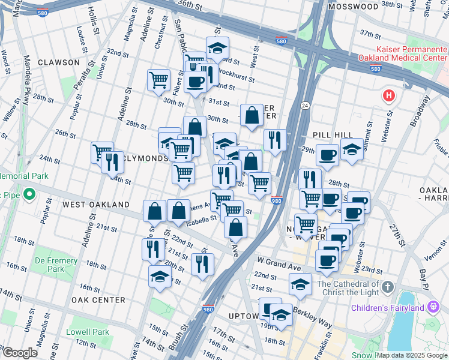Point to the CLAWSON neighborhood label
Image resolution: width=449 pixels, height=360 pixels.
[x=58, y=62]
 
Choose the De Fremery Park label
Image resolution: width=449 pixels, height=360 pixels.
[x=56, y=265]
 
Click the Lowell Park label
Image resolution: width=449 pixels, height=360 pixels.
[x=88, y=332]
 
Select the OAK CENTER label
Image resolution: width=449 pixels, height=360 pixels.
[x=98, y=300]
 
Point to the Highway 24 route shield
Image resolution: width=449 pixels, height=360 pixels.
[x=305, y=105]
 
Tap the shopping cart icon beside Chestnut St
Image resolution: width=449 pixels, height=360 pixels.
[x=158, y=79]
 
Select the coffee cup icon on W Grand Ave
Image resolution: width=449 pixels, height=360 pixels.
[x=327, y=260]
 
